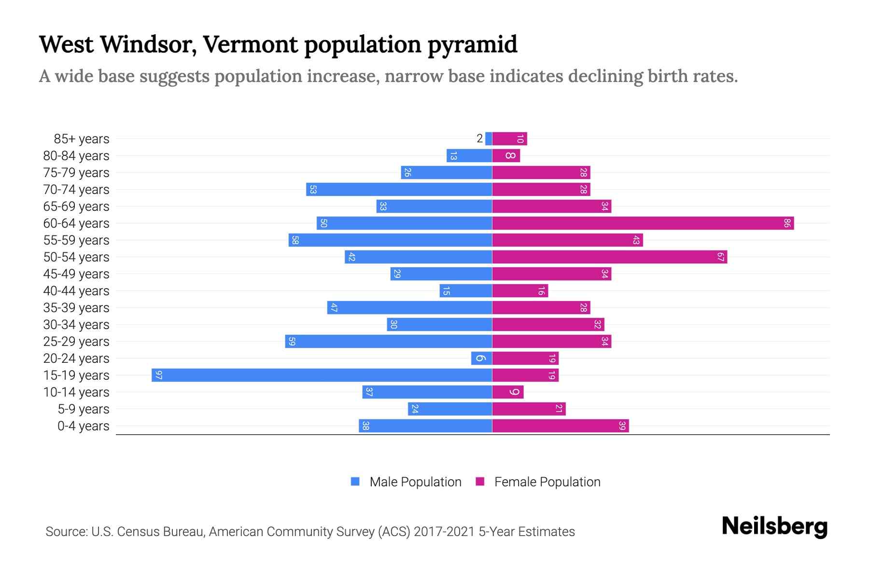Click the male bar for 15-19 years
322,375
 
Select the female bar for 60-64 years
643,223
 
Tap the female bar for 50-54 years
609,257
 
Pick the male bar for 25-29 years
389,341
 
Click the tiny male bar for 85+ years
489,138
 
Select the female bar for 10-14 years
507,392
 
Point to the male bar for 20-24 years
481,358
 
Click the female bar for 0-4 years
560,426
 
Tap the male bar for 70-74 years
399,189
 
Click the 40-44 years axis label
76,291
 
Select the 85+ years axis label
82,139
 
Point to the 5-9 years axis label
84,409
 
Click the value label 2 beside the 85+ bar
479,138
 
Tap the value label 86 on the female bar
787,223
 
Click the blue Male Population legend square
355,482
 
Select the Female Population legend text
547,482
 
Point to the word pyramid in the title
472,44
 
